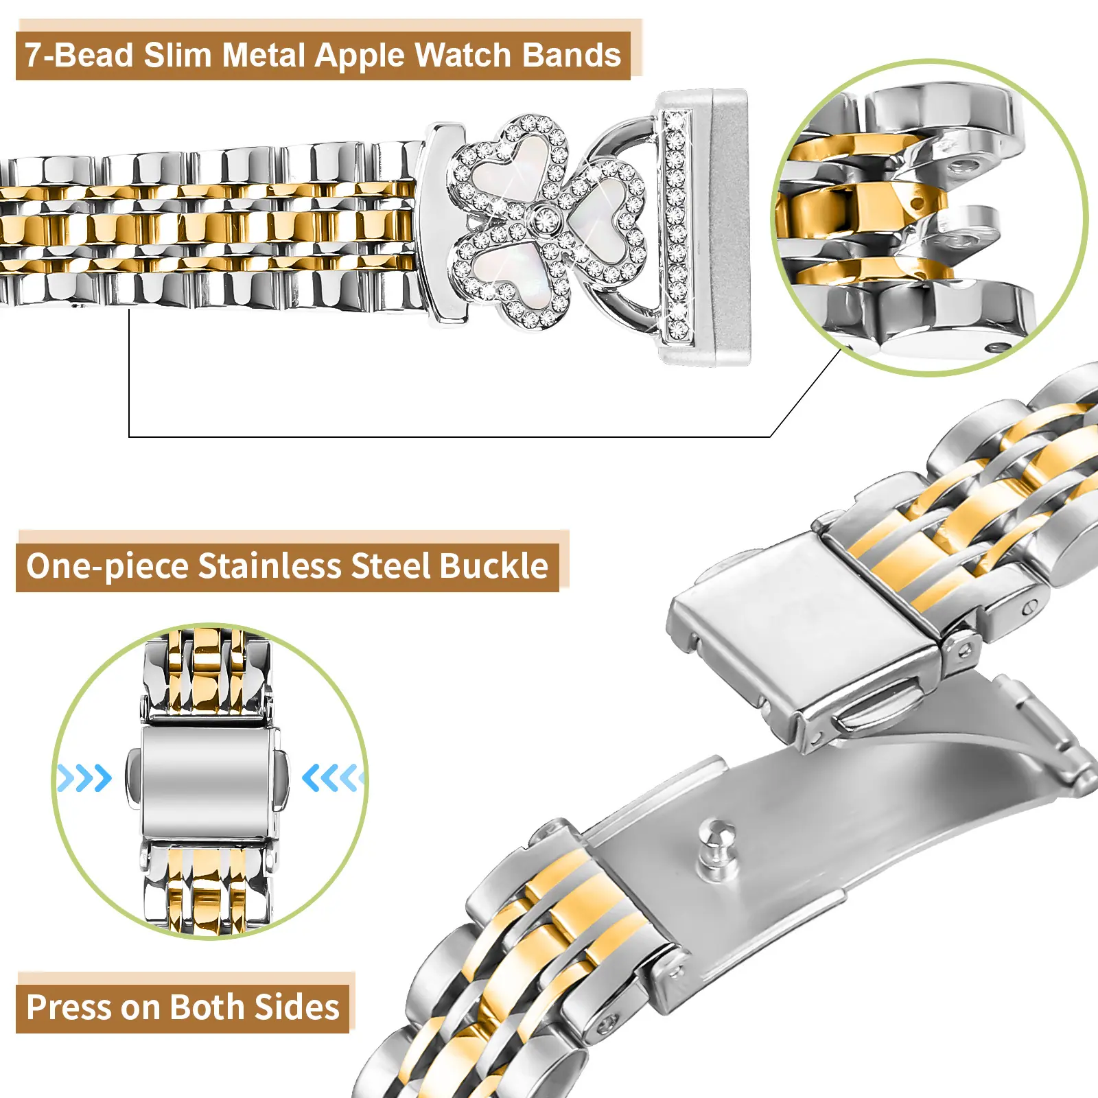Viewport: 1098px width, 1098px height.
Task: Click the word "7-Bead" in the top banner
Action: [79, 55]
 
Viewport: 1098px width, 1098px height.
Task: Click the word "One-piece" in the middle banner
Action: [107, 567]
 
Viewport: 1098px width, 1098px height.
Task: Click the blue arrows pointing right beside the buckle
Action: [84, 778]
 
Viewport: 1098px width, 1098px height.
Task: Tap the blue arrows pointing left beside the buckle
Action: [331, 778]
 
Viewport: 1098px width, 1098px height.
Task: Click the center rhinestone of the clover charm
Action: [546, 220]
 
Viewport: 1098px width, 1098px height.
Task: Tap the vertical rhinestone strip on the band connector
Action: [676, 226]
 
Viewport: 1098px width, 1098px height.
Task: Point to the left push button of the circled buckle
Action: [134, 778]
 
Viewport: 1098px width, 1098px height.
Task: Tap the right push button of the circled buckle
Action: [280, 778]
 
